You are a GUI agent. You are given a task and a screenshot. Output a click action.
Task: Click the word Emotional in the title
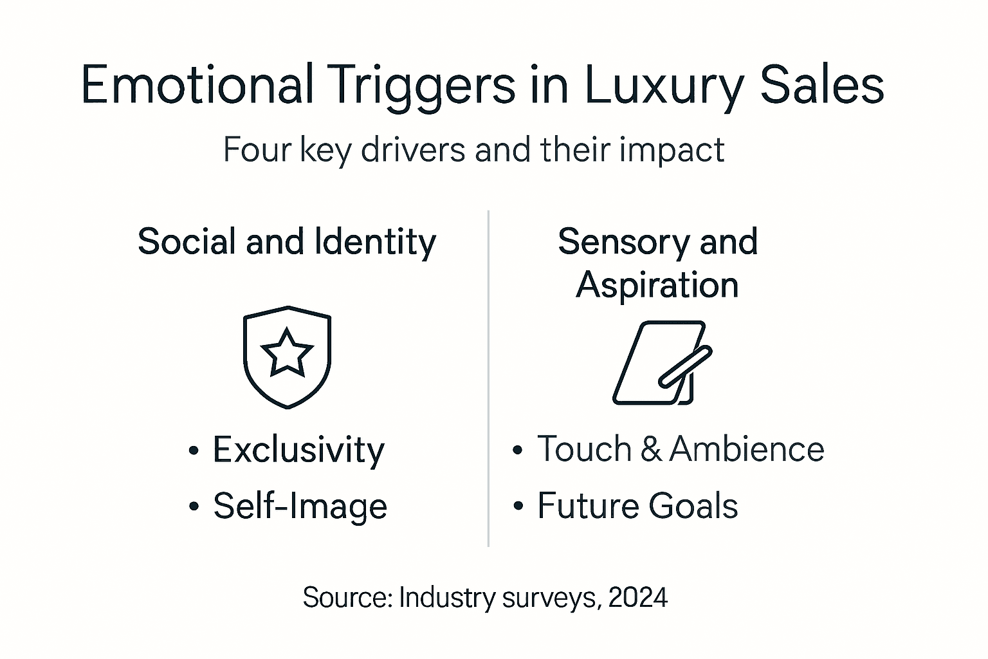(x=197, y=85)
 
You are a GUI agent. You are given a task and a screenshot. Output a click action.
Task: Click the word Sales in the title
(x=821, y=85)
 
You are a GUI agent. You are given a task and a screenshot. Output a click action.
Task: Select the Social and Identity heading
(x=287, y=242)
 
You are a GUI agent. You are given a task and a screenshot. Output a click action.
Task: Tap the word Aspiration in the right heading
(x=657, y=285)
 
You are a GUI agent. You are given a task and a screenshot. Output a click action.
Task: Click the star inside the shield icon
(x=287, y=352)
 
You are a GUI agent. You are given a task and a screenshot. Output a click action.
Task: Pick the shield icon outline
(x=246, y=360)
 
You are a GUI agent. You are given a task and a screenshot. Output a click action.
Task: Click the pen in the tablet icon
(x=686, y=366)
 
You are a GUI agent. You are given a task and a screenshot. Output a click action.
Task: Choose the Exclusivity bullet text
(x=298, y=450)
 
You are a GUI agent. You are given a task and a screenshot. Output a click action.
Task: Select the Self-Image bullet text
(x=300, y=506)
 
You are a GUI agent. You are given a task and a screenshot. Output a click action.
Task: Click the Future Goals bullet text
(x=637, y=506)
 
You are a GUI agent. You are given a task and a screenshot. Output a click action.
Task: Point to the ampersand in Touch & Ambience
(x=651, y=449)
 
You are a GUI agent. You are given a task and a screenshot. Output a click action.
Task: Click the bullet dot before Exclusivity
(x=194, y=450)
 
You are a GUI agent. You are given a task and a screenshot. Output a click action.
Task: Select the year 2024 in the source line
(x=637, y=598)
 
